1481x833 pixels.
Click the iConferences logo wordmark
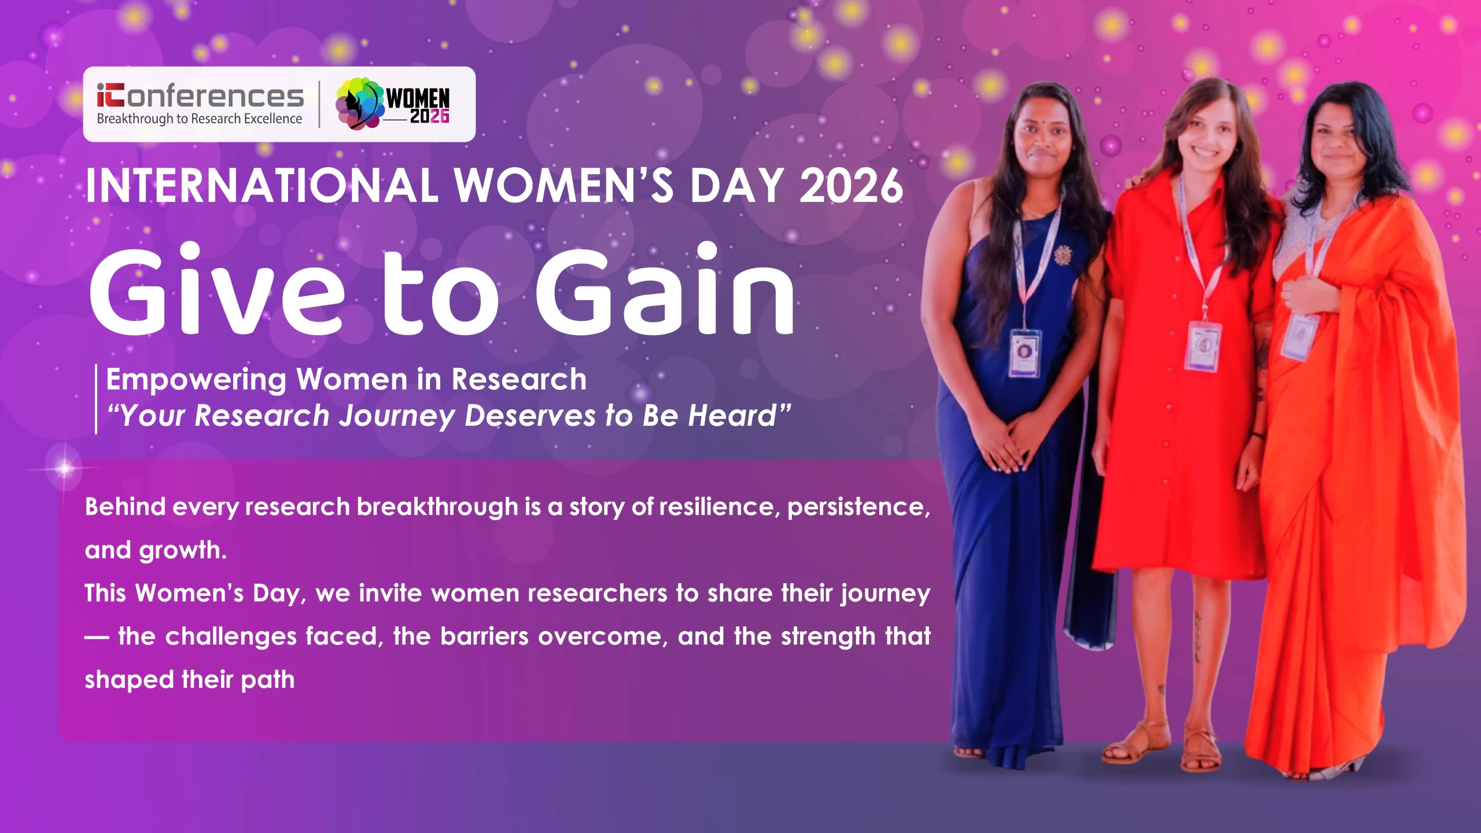(200, 95)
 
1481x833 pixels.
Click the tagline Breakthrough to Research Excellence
(200, 119)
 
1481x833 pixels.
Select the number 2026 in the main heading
(850, 186)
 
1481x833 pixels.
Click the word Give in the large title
(216, 289)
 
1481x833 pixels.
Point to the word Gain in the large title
(664, 289)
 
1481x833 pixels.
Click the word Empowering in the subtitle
(196, 381)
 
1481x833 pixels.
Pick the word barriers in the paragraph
(484, 636)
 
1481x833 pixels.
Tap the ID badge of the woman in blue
(1025, 353)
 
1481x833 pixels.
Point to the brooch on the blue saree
(1063, 255)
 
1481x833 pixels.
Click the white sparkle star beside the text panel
(64, 467)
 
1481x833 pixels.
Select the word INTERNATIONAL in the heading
(261, 186)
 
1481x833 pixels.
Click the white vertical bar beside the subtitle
(96, 399)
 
